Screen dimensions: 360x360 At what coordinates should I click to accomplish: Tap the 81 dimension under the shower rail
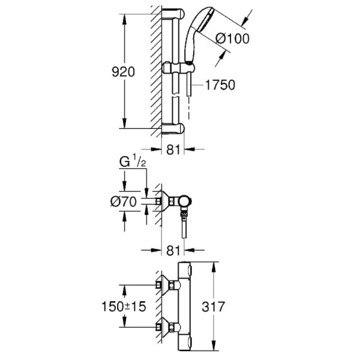click(173, 151)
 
